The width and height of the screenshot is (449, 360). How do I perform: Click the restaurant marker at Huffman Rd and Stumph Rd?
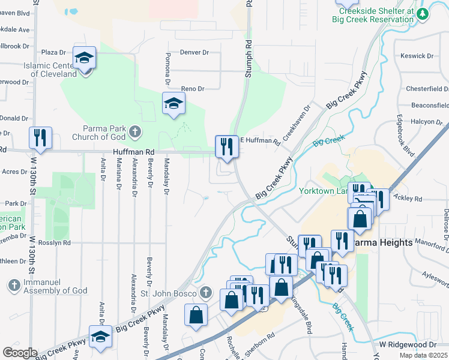[226, 147]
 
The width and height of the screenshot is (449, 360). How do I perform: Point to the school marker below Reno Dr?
[173, 104]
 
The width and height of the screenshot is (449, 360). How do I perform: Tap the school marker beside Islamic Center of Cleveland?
[84, 58]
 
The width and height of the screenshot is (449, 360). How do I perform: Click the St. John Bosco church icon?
[205, 293]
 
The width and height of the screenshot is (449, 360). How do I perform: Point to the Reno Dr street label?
[193, 89]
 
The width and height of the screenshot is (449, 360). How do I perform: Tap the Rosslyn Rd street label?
[53, 243]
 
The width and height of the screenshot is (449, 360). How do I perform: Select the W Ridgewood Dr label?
[408, 345]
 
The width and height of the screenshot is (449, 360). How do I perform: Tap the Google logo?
[20, 353]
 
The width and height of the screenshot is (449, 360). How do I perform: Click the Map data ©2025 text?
[424, 355]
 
